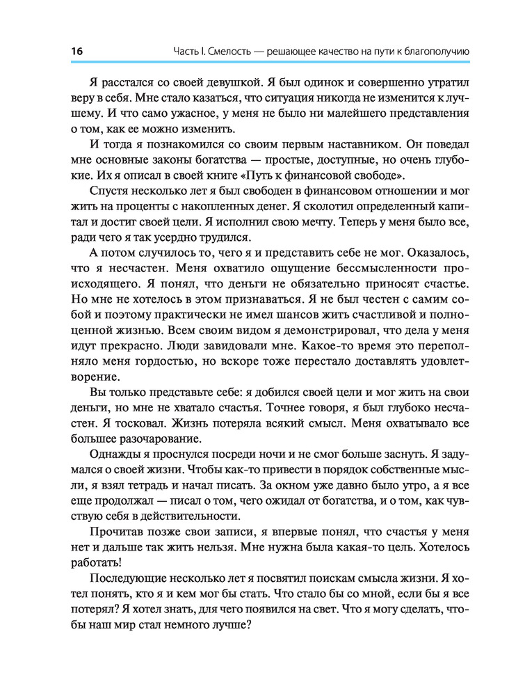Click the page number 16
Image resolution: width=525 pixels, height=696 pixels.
(76, 51)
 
